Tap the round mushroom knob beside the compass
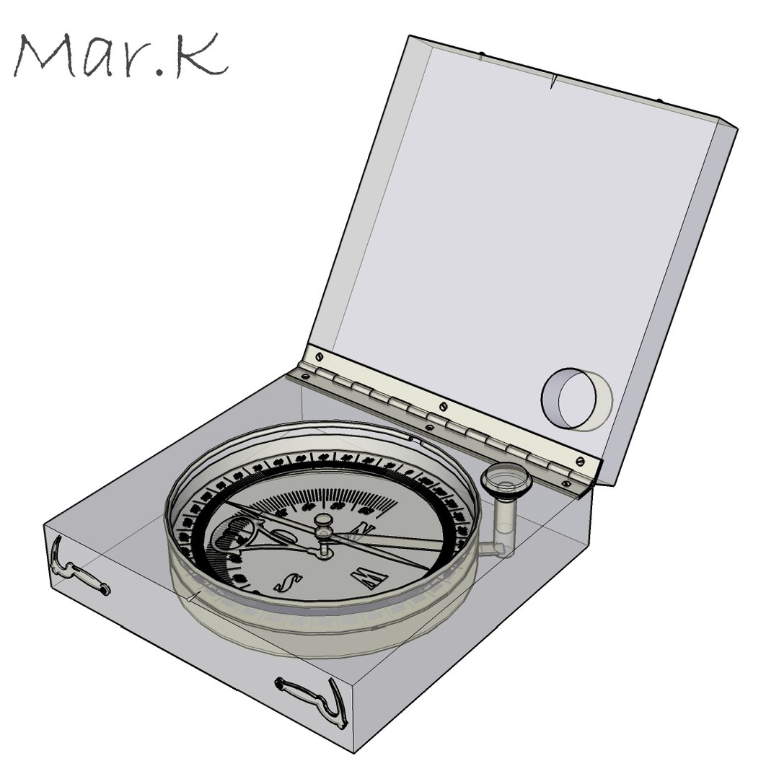pos(507,477)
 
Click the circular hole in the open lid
pos(576,400)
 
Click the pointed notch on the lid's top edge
pos(553,82)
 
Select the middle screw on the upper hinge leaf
pos(443,405)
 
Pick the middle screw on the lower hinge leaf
pos(430,428)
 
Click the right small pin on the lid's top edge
pos(659,101)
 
